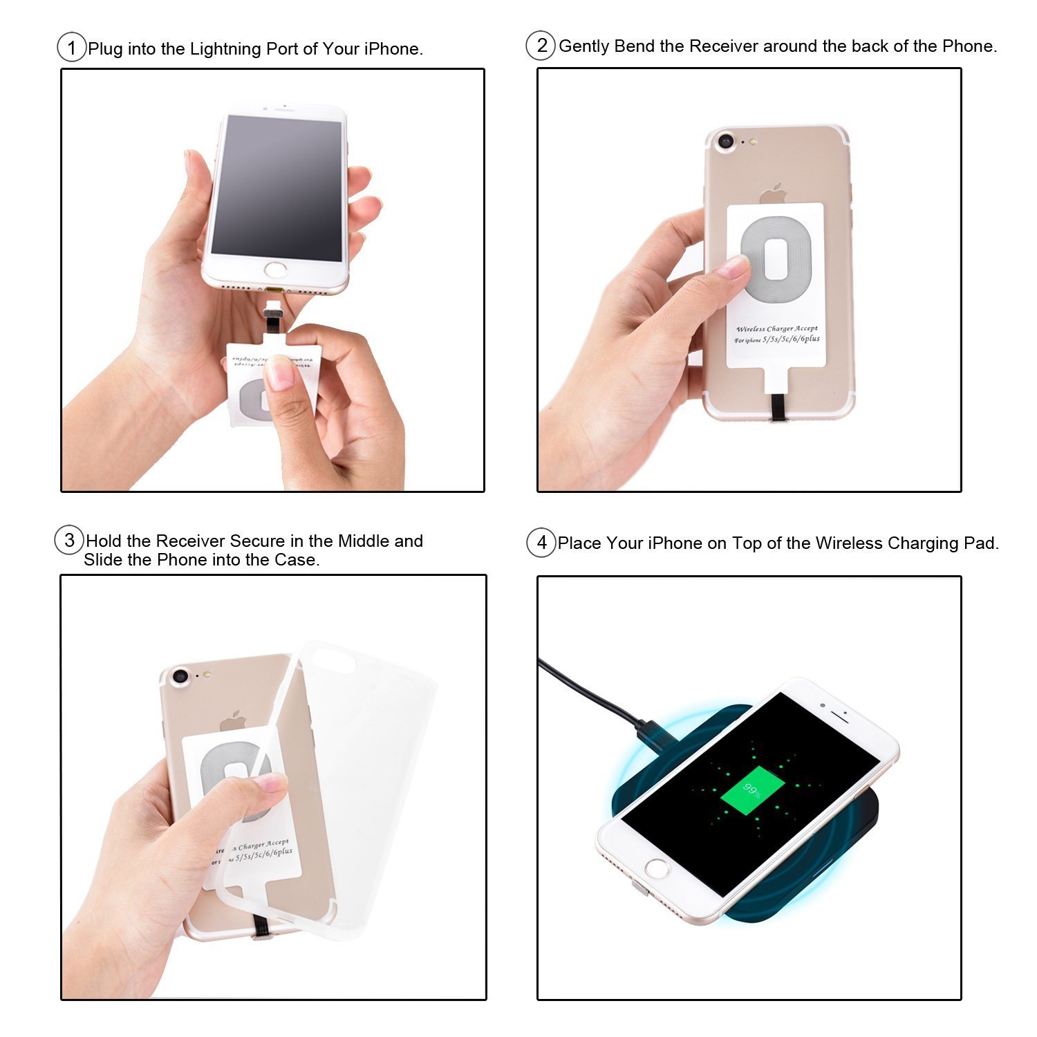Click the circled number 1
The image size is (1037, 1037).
tap(71, 48)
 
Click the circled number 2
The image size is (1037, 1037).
tap(541, 46)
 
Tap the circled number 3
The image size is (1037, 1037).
tap(69, 540)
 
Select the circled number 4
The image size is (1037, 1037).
tap(541, 543)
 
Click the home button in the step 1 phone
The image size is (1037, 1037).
tap(277, 270)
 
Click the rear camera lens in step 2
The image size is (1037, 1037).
tap(725, 142)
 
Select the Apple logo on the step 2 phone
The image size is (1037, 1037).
tap(774, 193)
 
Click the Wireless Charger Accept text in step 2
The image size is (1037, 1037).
tap(776, 329)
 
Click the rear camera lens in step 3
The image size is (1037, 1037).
tap(180, 676)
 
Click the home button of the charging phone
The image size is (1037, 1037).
tap(657, 868)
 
